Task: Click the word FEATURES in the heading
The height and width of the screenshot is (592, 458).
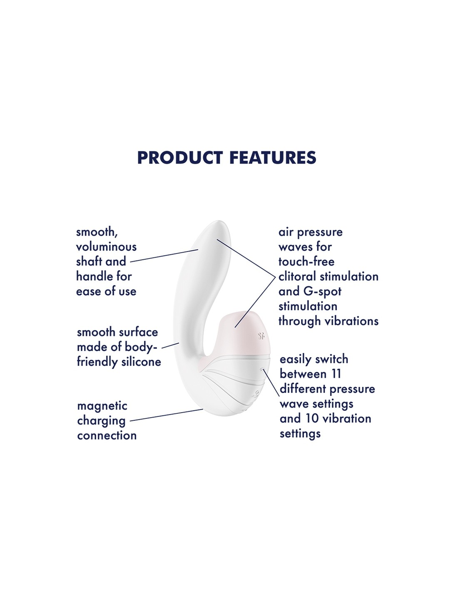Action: click(x=273, y=157)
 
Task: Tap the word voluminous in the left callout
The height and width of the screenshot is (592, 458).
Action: click(x=106, y=247)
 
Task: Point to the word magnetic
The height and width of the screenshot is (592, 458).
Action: click(x=102, y=406)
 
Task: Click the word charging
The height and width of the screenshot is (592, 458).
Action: click(x=101, y=421)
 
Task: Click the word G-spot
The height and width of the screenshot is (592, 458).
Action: click(x=322, y=291)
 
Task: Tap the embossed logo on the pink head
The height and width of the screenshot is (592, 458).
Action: click(x=261, y=336)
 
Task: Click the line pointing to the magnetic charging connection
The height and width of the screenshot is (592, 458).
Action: click(x=167, y=415)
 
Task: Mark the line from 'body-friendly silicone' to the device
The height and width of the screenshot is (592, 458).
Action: click(x=170, y=346)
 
